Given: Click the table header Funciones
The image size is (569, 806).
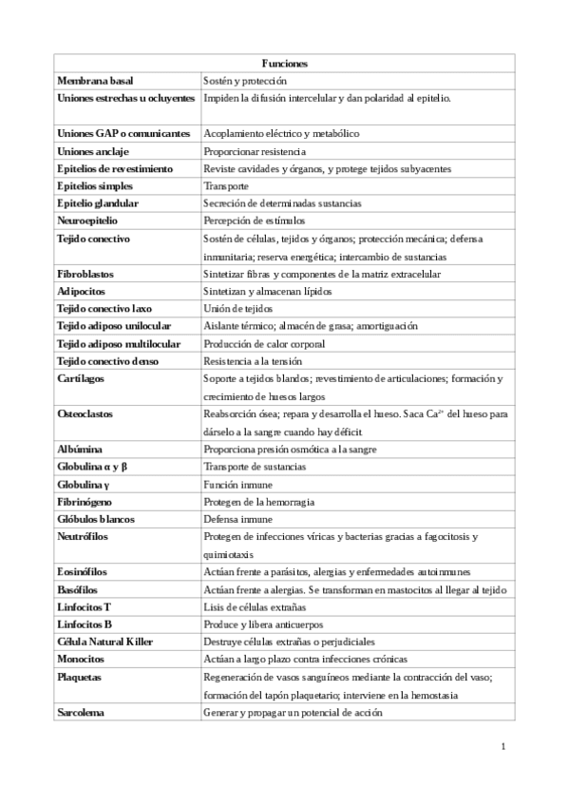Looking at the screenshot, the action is tap(284, 63).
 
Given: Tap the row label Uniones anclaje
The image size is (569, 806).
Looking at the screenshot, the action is tap(93, 151).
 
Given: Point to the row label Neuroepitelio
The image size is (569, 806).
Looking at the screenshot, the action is tap(87, 221).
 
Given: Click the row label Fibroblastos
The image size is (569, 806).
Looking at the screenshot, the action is tap(87, 274).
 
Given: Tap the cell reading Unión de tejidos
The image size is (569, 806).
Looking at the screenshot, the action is tap(237, 309).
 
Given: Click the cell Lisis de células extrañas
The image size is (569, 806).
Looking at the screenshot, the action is tap(255, 606).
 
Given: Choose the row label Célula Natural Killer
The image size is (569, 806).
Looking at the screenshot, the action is tap(104, 642).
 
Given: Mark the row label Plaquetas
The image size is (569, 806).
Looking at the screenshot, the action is tap(83, 677).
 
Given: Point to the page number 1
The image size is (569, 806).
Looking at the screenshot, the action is tap(503, 746).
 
